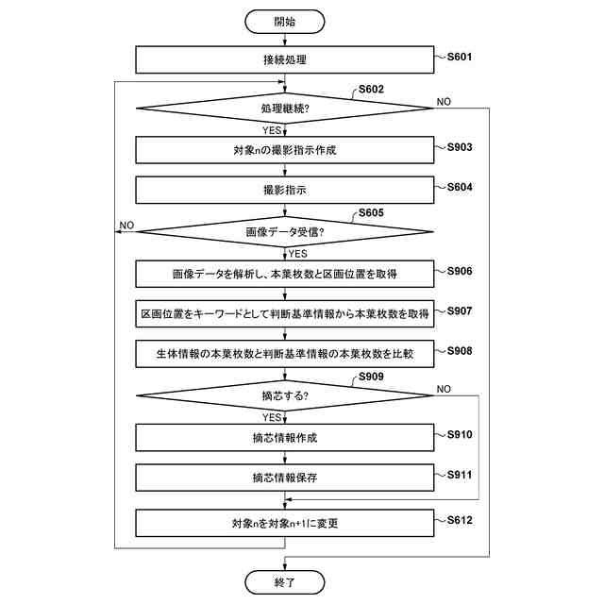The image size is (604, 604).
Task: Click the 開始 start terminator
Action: tap(284, 20)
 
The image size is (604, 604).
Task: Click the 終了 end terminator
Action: tap(284, 582)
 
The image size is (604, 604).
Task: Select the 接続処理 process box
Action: tap(284, 60)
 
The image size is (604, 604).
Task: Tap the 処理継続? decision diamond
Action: tap(284, 109)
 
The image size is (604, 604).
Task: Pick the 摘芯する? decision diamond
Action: tap(284, 395)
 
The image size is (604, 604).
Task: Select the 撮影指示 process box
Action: tap(284, 191)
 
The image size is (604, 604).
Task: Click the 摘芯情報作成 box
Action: tap(284, 438)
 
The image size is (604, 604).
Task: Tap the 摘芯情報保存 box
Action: tap(284, 478)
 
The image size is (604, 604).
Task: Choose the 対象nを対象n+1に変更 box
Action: tap(284, 524)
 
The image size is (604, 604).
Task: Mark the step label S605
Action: tap(371, 214)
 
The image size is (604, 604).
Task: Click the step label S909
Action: tap(371, 377)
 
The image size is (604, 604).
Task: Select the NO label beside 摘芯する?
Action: tap(444, 388)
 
